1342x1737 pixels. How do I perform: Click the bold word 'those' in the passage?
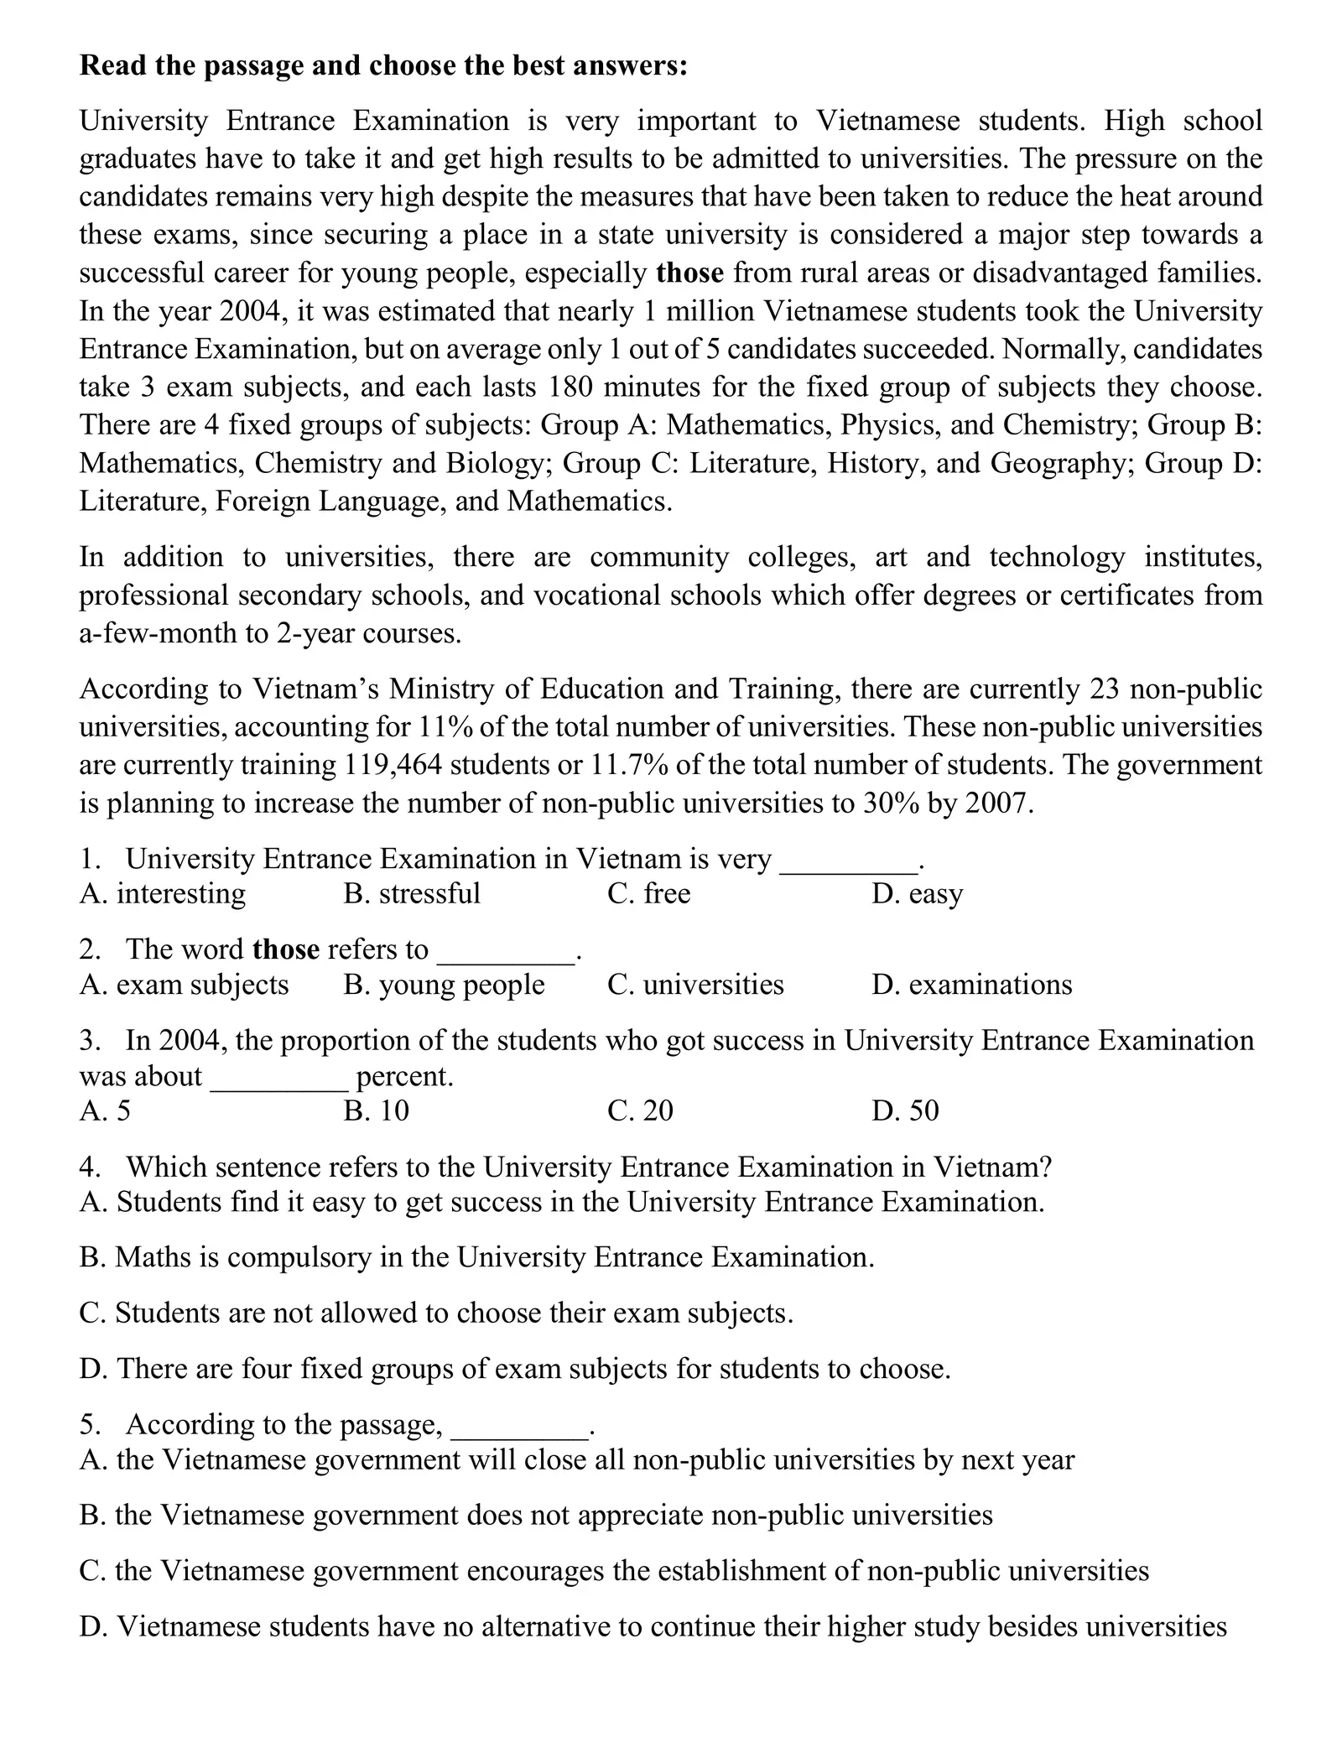click(x=689, y=273)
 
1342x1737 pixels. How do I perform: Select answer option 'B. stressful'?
click(x=412, y=893)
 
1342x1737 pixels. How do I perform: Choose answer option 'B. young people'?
click(x=444, y=984)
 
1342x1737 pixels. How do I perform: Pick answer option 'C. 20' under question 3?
click(x=640, y=1110)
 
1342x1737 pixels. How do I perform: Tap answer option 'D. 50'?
click(x=905, y=1110)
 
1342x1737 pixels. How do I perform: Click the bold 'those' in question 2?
click(x=285, y=949)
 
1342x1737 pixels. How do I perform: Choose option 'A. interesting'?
click(x=163, y=893)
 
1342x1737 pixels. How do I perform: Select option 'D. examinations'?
click(x=971, y=984)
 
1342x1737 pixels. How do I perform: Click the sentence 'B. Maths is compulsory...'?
click(x=476, y=1257)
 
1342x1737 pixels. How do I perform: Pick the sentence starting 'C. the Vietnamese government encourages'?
click(x=614, y=1571)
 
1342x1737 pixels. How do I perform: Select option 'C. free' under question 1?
click(x=648, y=893)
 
